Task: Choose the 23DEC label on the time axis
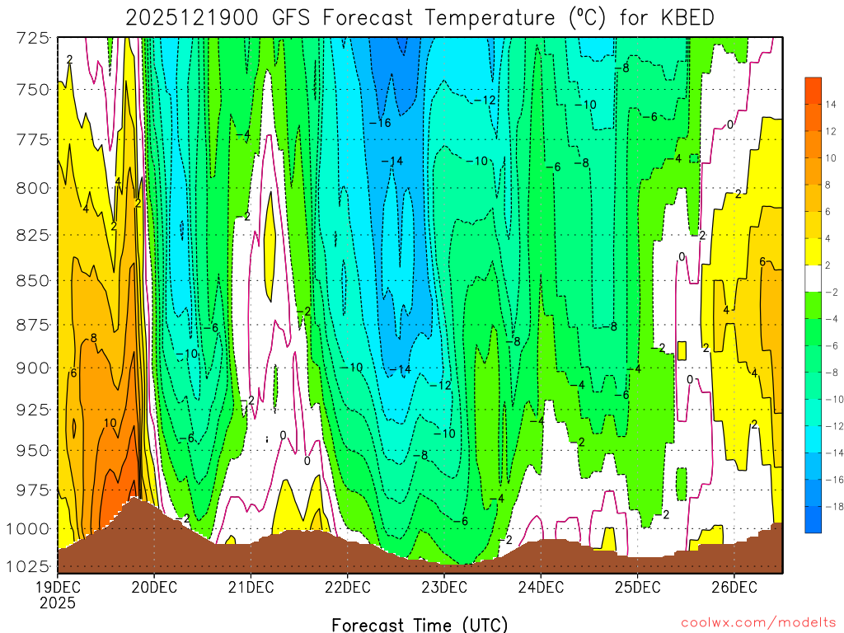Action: click(444, 588)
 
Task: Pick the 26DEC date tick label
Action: click(734, 588)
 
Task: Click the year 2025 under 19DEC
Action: click(58, 603)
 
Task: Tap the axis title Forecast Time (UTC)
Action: click(420, 624)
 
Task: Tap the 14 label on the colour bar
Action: click(831, 104)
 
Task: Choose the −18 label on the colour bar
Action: click(830, 506)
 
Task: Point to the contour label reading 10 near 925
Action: click(110, 423)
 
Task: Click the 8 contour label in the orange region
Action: click(94, 338)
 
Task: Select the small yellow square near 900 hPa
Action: click(682, 350)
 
